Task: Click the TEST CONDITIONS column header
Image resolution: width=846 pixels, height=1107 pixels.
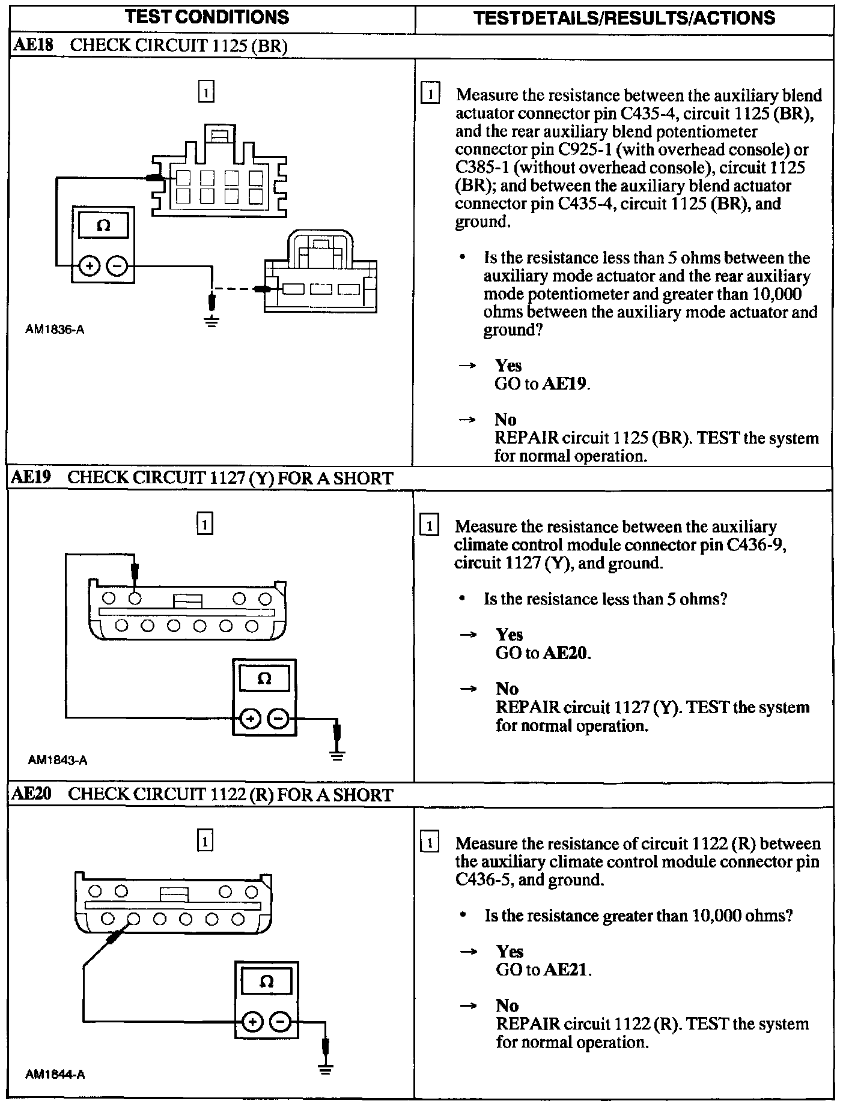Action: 207,17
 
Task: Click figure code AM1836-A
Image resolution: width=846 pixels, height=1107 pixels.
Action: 55,329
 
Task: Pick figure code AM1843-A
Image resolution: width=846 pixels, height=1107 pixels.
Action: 57,760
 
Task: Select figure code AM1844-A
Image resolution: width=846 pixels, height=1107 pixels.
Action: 55,1075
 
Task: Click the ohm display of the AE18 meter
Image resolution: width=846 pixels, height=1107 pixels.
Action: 103,226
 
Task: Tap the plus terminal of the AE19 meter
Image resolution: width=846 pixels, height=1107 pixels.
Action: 251,718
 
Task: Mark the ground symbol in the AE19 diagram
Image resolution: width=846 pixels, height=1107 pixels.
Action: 338,755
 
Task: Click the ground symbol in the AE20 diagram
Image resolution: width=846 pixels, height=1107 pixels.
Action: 326,1069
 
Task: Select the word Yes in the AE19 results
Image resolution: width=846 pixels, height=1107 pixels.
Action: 509,635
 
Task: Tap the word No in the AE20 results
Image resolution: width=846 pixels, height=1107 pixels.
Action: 507,1006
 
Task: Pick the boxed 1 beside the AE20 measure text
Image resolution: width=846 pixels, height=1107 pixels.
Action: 430,843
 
